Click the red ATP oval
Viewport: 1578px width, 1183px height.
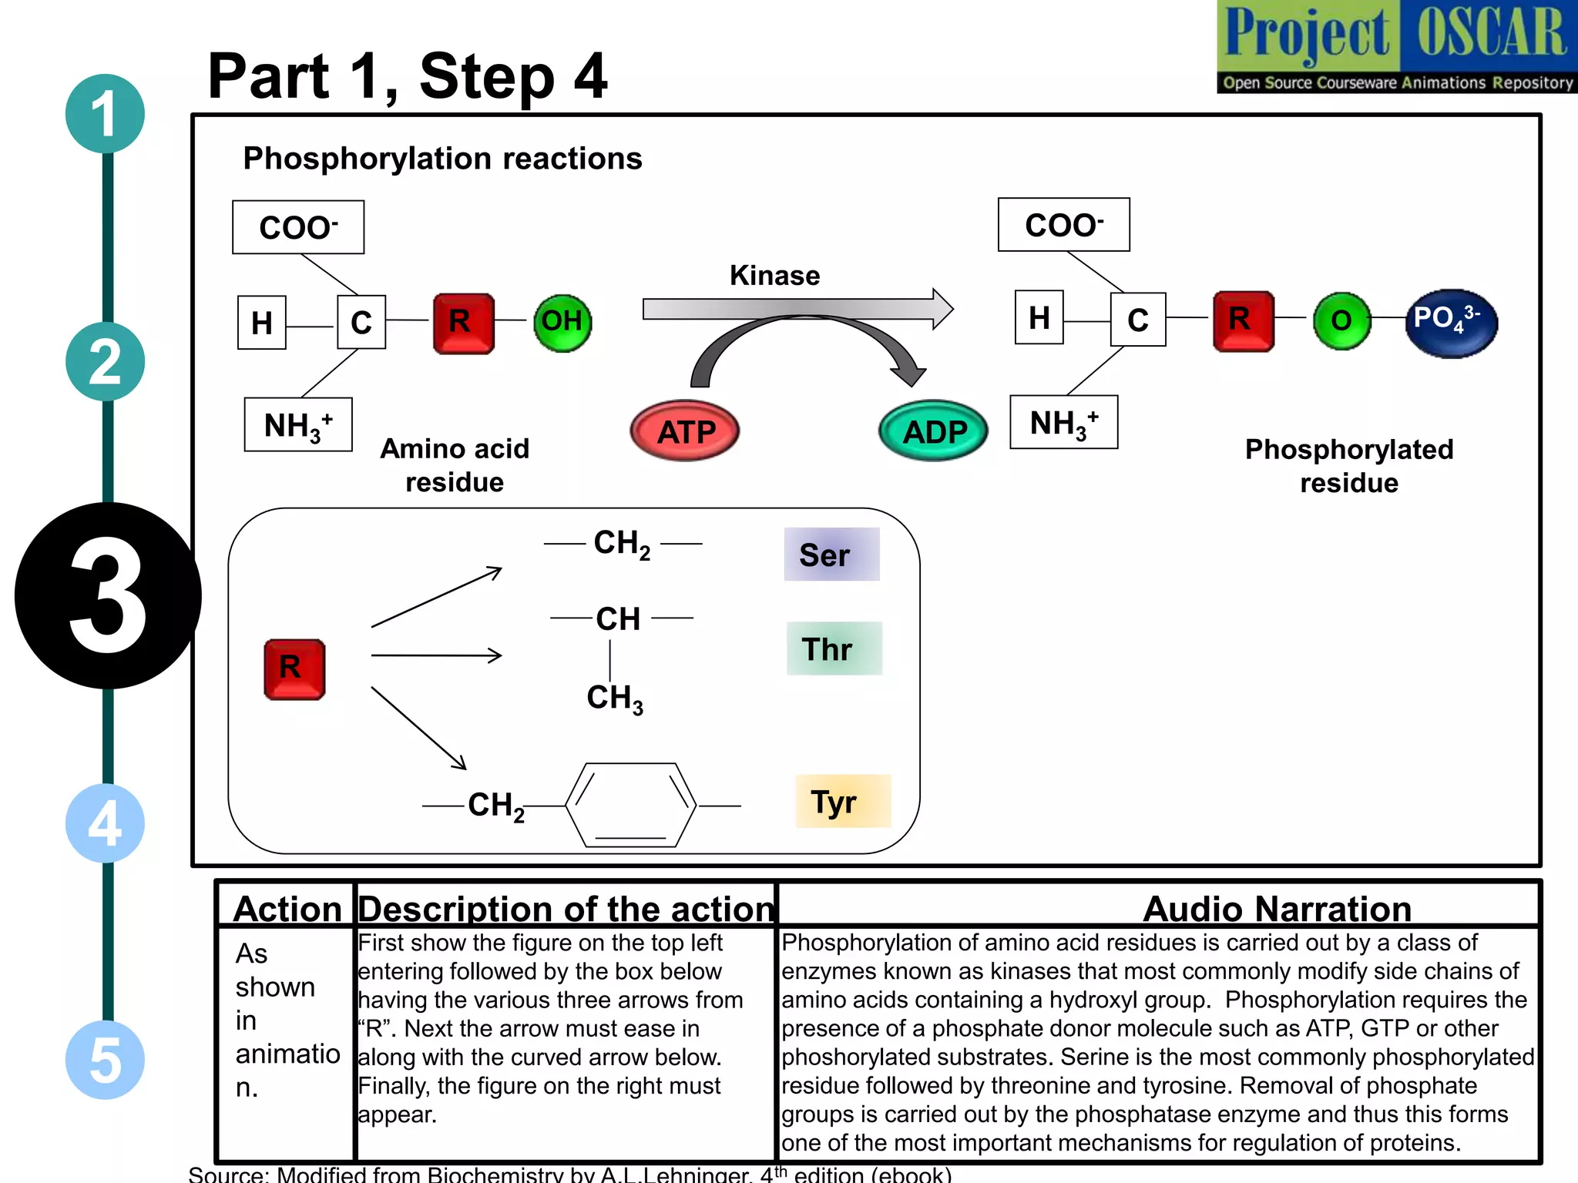(684, 431)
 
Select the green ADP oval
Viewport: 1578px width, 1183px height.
(933, 431)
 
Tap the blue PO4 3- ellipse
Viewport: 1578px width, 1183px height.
(1451, 322)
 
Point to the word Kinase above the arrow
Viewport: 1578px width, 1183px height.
(774, 276)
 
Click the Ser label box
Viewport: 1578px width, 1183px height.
(831, 555)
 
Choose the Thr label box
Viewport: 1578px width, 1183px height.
(834, 648)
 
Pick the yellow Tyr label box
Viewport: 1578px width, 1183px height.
(842, 801)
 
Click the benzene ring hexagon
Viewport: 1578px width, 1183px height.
(630, 805)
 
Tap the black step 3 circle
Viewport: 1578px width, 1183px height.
(108, 595)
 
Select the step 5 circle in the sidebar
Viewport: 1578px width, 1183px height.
(105, 1060)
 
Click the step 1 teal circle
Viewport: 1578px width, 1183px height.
(105, 114)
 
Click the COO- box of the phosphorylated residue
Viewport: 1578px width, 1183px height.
(1063, 225)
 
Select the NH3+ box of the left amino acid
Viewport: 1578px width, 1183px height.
(298, 424)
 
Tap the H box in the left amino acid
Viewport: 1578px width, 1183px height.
(261, 323)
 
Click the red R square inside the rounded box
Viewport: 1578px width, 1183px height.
(294, 669)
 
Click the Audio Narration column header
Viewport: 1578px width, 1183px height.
(1276, 909)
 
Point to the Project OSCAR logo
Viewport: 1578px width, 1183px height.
(1396, 46)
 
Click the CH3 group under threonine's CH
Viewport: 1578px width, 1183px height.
(614, 698)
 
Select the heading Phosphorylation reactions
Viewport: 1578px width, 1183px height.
(442, 159)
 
